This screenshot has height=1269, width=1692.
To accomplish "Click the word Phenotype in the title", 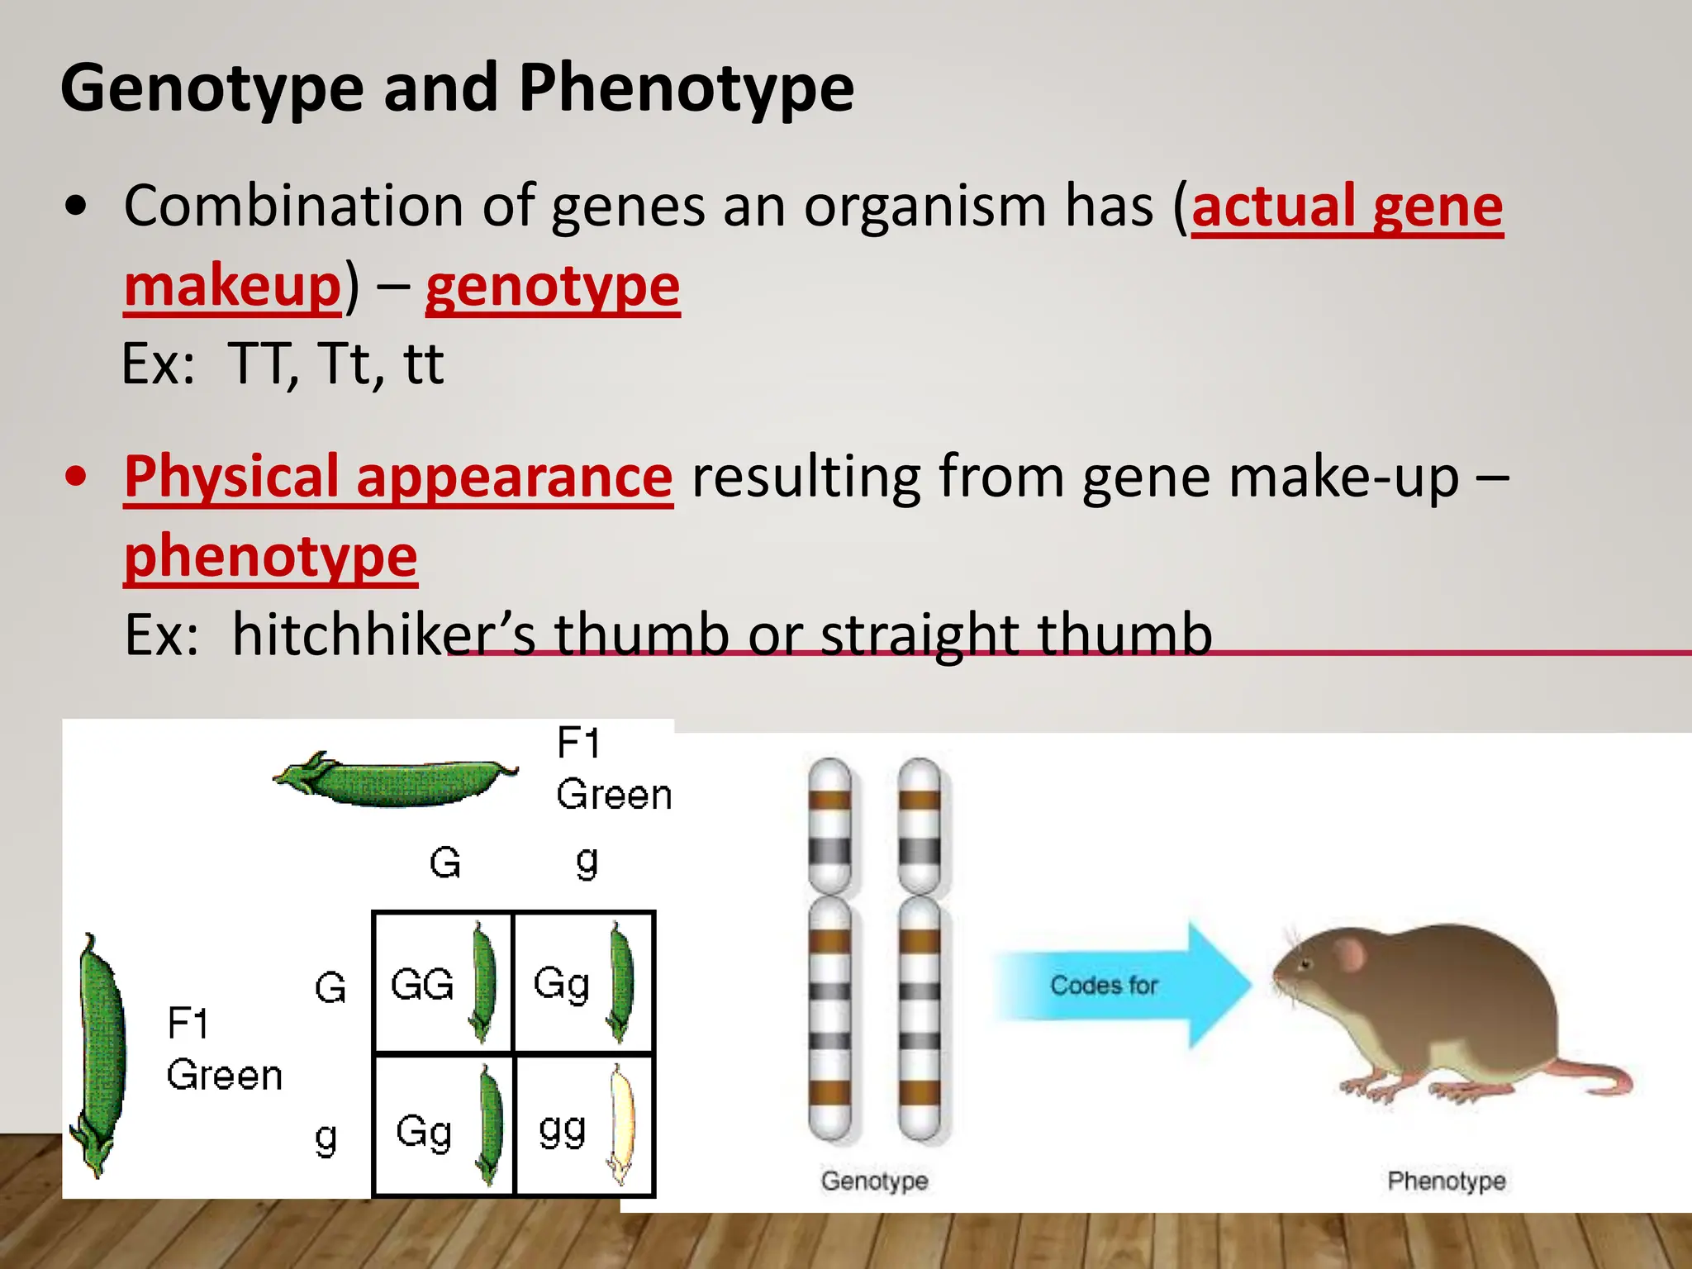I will (x=686, y=89).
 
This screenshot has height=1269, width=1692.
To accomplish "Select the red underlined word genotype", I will (x=552, y=287).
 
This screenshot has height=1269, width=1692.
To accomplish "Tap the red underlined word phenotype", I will (x=270, y=557).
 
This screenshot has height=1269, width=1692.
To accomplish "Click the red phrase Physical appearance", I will (x=398, y=478).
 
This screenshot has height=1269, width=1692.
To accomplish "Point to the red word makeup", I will (x=232, y=287).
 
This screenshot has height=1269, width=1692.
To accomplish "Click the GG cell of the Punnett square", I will (x=422, y=985).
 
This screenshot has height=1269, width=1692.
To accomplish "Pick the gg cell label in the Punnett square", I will (x=562, y=1129).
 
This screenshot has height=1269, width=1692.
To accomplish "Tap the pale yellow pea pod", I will (x=621, y=1124).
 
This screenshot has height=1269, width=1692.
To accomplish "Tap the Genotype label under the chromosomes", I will (x=873, y=1181).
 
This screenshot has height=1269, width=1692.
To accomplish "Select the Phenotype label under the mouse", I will (x=1446, y=1181).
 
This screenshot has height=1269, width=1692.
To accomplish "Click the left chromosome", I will (x=829, y=950).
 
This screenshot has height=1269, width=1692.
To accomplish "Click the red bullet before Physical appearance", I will (x=76, y=478).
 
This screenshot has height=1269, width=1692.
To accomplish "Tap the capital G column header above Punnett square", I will (x=444, y=863).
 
